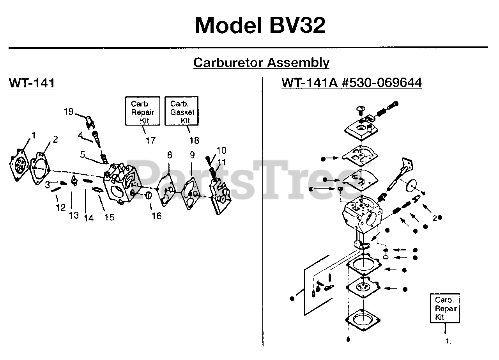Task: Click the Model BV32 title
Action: tap(260, 25)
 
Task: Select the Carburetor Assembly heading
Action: tap(261, 63)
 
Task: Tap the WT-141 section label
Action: tap(32, 83)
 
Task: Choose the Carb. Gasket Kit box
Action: tap(182, 111)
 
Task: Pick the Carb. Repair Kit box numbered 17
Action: tap(143, 111)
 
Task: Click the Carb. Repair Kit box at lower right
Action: tap(445, 308)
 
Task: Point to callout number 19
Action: tap(69, 112)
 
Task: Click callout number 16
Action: tap(157, 216)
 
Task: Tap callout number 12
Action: tap(60, 207)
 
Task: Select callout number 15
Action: tap(110, 217)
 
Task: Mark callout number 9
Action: tap(192, 155)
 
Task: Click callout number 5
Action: tap(83, 154)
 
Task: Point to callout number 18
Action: tap(194, 140)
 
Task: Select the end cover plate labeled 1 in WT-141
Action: tap(19, 165)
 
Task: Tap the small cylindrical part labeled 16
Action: tap(149, 196)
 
